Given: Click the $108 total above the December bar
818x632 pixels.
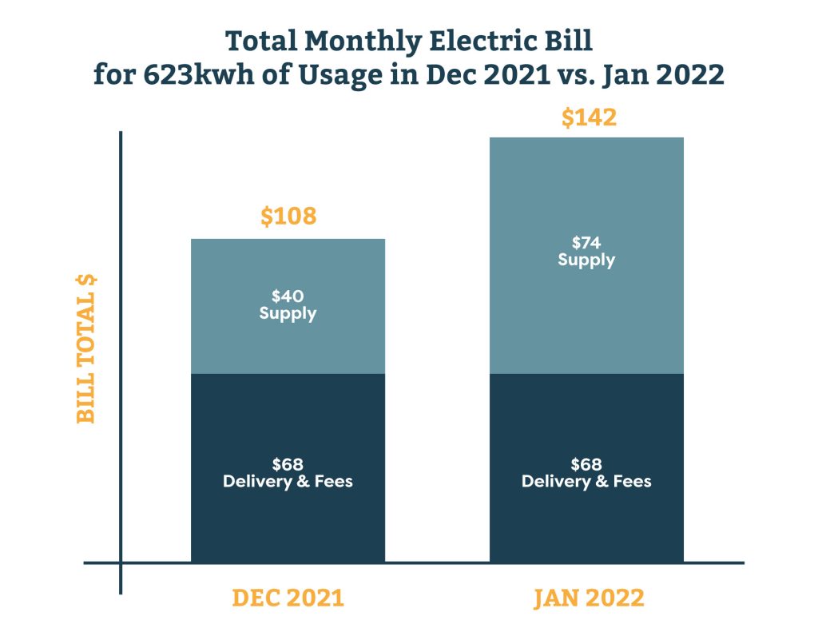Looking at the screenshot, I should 288,216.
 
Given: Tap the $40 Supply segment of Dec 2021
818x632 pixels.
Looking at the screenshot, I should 288,336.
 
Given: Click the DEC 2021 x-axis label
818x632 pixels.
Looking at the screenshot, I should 288,598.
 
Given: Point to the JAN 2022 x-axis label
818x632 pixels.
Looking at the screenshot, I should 589,598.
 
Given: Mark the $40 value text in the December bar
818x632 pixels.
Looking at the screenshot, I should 288,296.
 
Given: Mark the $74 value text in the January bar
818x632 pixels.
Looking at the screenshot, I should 586,243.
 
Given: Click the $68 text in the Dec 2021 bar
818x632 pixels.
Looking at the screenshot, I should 288,464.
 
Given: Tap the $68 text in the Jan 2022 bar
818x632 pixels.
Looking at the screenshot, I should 586,464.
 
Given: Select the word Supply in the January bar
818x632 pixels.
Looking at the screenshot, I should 586,260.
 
